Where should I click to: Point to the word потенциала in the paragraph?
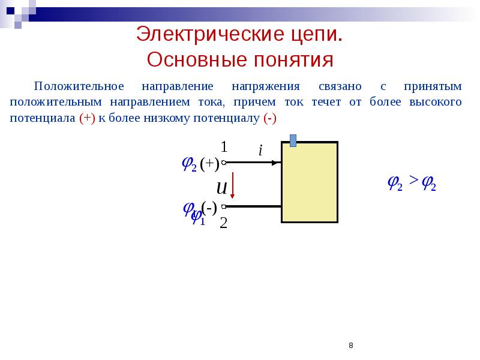43,118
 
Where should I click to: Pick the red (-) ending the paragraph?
269,118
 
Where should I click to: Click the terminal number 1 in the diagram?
224,146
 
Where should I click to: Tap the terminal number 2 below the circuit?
224,223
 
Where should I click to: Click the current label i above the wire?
260,151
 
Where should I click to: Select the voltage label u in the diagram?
221,188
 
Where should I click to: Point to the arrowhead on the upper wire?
277,163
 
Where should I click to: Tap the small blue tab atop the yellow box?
293,140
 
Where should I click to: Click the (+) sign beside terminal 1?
210,164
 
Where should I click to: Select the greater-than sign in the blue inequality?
413,181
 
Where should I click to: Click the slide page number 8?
350,346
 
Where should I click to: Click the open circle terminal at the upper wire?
223,163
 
